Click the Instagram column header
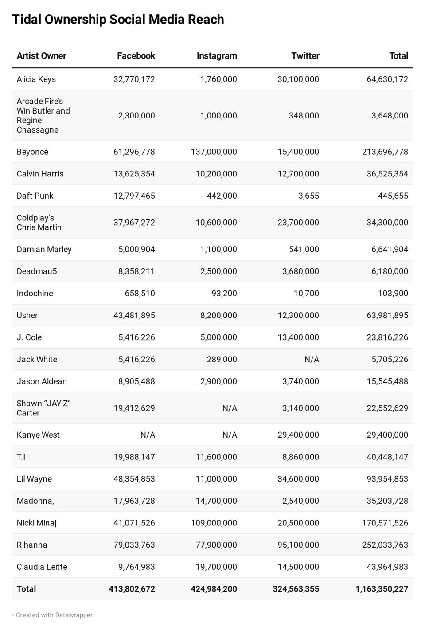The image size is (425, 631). (x=217, y=56)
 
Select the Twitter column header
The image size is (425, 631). (x=305, y=56)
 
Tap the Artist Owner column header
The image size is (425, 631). (x=41, y=56)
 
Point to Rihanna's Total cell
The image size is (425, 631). (x=385, y=545)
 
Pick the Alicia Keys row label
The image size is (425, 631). (x=36, y=79)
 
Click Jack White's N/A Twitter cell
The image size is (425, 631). (x=312, y=360)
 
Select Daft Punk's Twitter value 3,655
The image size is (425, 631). (x=308, y=196)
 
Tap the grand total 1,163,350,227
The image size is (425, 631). (x=382, y=589)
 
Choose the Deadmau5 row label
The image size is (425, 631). (x=37, y=271)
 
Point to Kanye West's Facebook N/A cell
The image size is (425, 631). (x=148, y=435)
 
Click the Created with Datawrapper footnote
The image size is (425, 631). (x=54, y=615)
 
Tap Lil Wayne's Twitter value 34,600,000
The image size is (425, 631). (x=298, y=479)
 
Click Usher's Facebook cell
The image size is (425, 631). (x=134, y=315)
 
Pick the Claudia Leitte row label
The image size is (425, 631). (x=42, y=567)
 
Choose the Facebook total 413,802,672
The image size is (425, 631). (x=132, y=589)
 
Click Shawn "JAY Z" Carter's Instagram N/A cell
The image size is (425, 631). (x=230, y=408)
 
